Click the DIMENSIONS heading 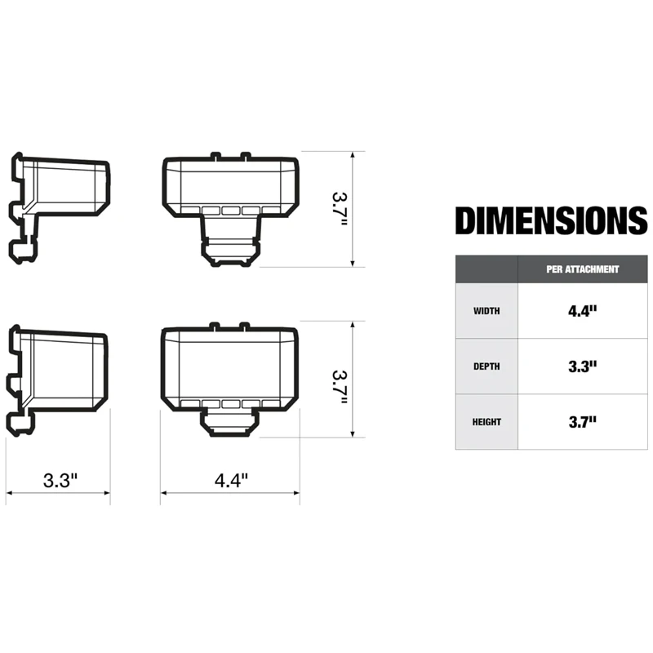551,221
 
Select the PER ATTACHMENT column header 582,269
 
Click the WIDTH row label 486,311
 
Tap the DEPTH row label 486,366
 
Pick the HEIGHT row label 486,422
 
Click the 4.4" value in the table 582,311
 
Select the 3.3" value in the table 582,366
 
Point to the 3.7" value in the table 582,422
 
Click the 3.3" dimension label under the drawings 60,481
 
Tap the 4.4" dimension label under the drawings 231,481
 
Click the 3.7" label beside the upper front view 339,210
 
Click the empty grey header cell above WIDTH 486,269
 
